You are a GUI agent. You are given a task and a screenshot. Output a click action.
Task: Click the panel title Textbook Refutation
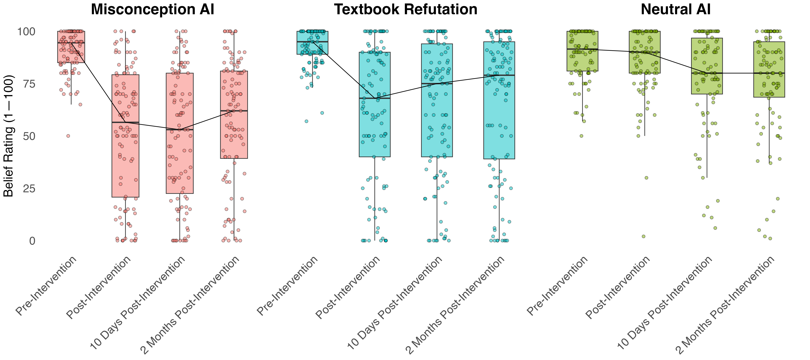[406, 9]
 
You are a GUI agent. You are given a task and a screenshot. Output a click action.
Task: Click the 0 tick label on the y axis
[32, 241]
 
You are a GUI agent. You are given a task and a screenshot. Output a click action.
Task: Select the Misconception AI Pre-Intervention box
[71, 47]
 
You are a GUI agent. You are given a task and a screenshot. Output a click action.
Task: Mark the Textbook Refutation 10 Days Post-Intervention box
[437, 101]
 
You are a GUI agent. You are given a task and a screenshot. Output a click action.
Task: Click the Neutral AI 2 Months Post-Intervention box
[769, 69]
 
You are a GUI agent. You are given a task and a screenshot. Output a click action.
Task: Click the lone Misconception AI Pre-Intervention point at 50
[68, 136]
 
